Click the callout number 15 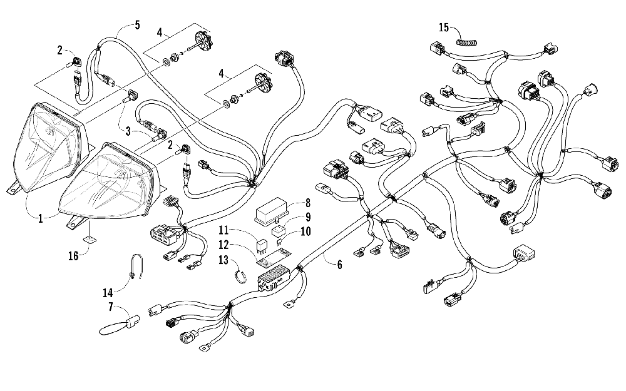pos(444,28)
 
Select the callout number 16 pos(73,256)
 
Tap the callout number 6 pos(339,264)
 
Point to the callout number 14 pos(108,293)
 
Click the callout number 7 pos(111,307)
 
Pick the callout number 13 pos(223,260)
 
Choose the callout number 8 pos(308,203)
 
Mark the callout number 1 pos(40,218)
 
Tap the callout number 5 pos(137,25)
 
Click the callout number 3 pos(128,131)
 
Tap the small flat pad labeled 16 pos(90,240)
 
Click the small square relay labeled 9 pos(279,231)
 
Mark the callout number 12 pos(223,245)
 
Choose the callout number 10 pos(305,231)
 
